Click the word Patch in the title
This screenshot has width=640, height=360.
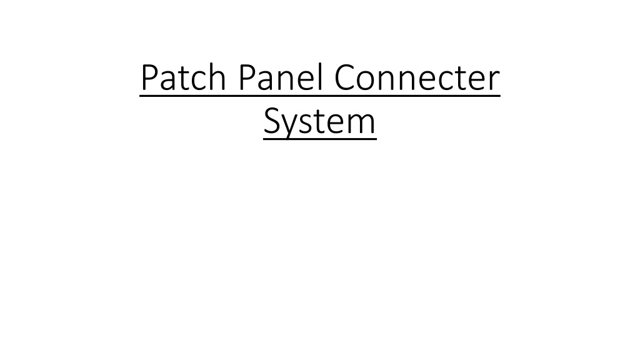pos(184,77)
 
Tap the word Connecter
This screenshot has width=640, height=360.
pos(417,77)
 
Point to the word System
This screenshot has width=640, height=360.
pos(319,121)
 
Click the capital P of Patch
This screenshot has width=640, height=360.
pos(149,77)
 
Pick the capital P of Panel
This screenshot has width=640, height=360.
pos(247,77)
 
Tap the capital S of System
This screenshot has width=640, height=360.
pos(272,121)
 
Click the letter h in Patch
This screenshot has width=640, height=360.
pos(217,77)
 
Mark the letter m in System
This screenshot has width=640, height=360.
pos(360,124)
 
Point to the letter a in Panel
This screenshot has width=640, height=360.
pos(266,81)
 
